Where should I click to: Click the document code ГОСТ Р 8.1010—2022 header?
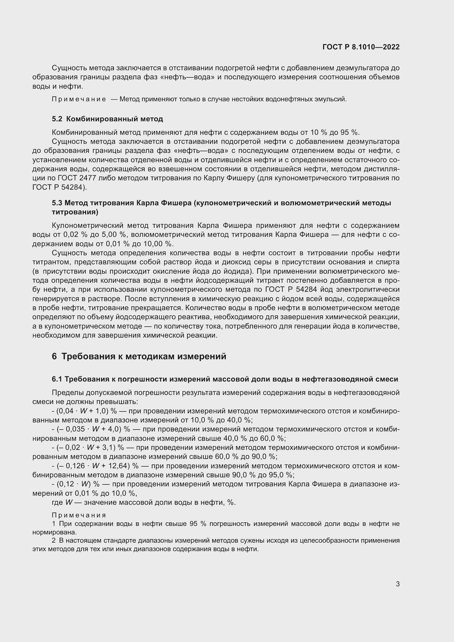click(361, 47)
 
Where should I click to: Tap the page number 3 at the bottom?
click(397, 584)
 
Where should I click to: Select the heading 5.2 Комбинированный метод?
click(107, 119)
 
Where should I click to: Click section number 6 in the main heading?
click(54, 357)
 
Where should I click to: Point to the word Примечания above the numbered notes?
click(79, 515)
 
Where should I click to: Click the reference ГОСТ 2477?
click(73, 178)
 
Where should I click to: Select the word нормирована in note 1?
click(55, 532)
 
